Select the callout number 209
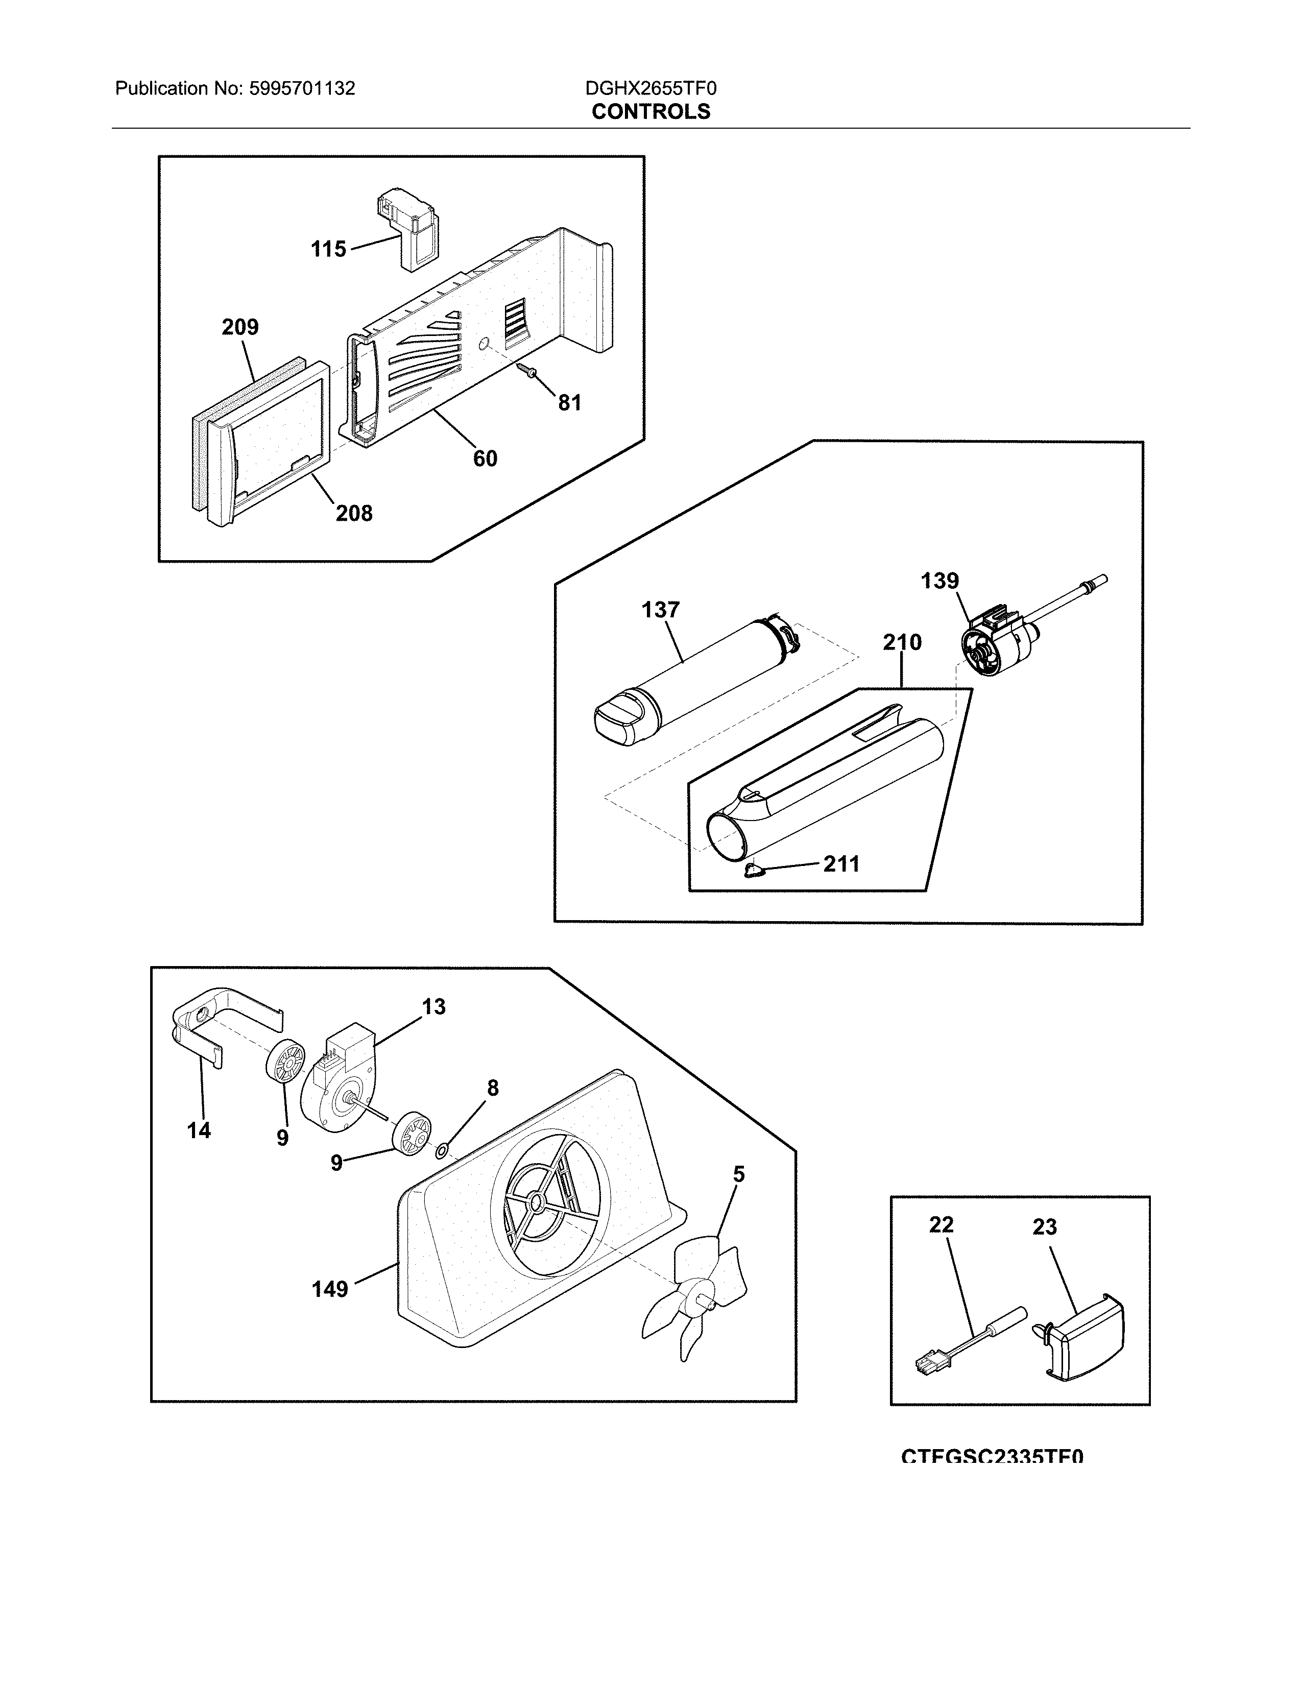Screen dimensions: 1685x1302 point(240,327)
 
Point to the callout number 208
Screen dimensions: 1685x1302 point(353,513)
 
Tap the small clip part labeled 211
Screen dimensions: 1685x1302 point(754,871)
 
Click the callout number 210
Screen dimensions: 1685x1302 point(902,642)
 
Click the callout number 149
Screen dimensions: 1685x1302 point(329,1288)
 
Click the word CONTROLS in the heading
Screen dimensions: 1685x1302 point(650,112)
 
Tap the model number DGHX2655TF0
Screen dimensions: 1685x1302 point(650,89)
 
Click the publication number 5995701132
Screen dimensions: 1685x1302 point(302,89)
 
